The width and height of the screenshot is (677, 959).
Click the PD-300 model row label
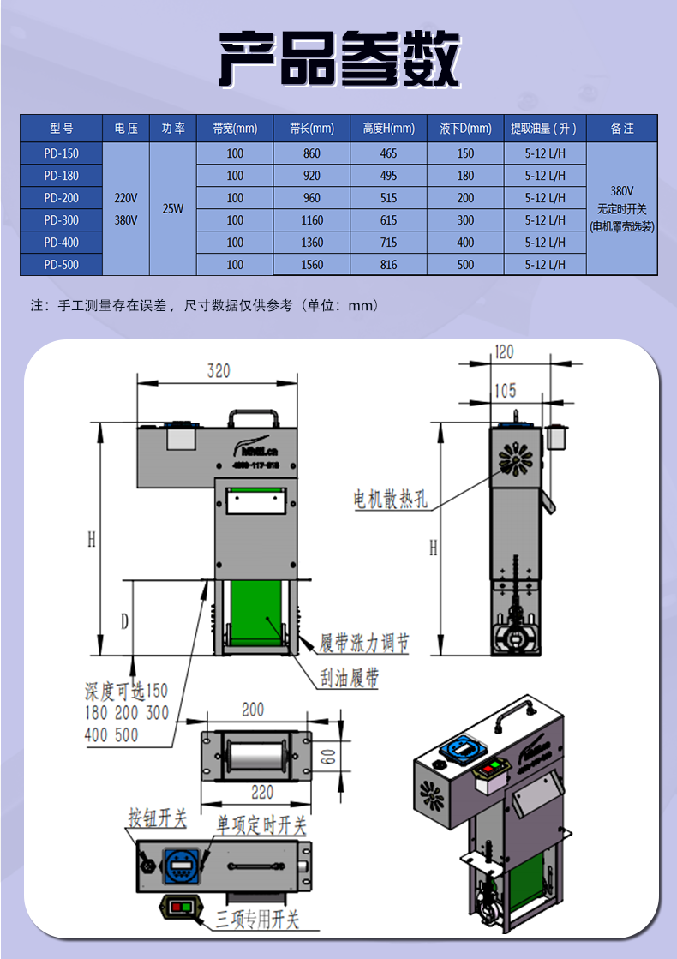[x=61, y=220]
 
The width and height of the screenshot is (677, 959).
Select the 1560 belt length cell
[x=312, y=265]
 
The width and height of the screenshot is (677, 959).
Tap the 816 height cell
[x=389, y=265]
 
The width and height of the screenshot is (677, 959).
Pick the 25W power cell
[x=172, y=209]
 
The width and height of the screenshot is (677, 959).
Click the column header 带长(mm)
[x=312, y=129]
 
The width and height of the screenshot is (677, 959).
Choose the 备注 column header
[x=622, y=129]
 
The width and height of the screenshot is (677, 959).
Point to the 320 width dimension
[x=219, y=371]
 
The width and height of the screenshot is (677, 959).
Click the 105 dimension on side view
[x=505, y=391]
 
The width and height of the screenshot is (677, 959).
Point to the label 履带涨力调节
[x=364, y=643]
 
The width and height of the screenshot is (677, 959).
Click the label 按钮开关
[x=157, y=818]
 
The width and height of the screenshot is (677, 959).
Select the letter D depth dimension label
[x=124, y=620]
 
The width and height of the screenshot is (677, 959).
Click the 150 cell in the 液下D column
[x=465, y=153]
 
